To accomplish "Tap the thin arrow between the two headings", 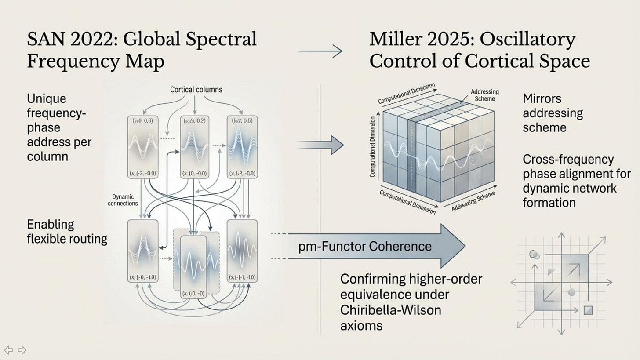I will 320,51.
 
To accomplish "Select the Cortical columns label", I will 196,90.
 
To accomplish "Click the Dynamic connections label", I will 123,200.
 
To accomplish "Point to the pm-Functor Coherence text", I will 365,246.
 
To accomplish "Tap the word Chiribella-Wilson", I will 390,310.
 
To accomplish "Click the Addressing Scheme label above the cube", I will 484,95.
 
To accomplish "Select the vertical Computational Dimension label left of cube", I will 372,147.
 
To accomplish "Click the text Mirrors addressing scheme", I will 553,113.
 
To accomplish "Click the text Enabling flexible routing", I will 67,231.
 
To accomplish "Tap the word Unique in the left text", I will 47,98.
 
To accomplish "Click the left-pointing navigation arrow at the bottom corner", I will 8,350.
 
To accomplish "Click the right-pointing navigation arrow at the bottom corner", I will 22,350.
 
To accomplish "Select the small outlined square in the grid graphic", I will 588,311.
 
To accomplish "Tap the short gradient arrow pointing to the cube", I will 320,145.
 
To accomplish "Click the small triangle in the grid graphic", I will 551,272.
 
